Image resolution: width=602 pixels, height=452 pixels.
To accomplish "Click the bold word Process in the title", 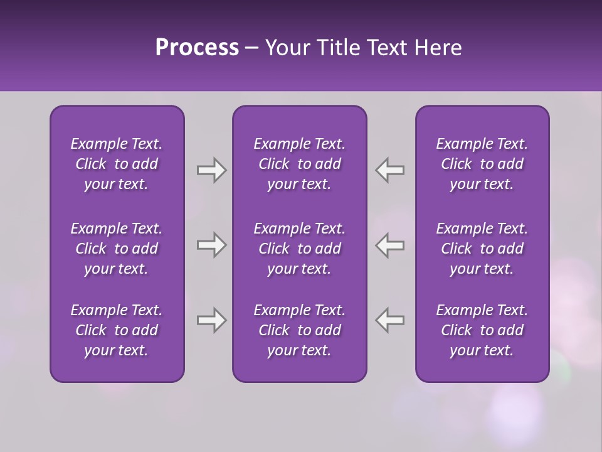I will tap(197, 48).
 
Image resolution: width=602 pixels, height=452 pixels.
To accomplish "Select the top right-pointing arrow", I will tap(211, 170).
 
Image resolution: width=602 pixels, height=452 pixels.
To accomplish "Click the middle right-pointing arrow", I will tap(211, 245).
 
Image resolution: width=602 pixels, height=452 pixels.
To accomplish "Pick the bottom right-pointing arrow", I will tap(211, 320).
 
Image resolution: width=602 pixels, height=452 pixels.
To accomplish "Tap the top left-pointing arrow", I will tap(390, 170).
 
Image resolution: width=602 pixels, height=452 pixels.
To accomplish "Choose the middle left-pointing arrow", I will tap(390, 245).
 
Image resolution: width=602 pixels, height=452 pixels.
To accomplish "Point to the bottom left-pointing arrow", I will tap(390, 320).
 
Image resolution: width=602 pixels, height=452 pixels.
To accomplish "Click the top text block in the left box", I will tap(117, 164).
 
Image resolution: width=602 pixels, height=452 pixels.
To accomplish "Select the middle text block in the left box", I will tap(117, 249).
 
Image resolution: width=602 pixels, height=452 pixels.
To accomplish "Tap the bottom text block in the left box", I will tap(117, 330).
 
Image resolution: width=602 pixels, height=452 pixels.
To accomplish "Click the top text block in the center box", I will tap(300, 164).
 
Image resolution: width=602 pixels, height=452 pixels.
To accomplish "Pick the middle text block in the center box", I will tap(300, 249).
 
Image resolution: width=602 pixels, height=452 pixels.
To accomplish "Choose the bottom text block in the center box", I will tap(300, 330).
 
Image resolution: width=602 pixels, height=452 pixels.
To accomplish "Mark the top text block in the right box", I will tap(482, 164).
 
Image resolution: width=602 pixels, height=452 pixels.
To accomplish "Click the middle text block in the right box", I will tap(482, 249).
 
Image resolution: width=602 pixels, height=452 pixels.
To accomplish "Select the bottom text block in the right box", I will tap(482, 330).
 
